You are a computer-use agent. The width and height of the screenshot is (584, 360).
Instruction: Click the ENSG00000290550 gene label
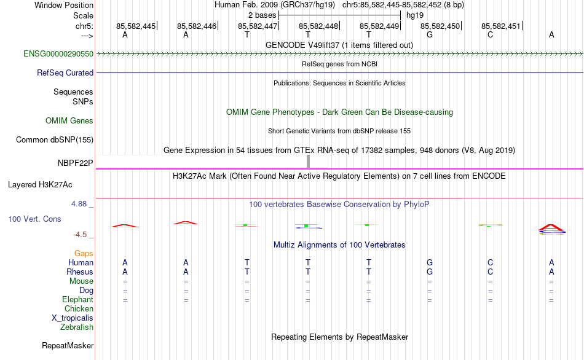58,54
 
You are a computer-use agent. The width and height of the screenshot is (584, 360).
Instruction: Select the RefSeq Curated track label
65,73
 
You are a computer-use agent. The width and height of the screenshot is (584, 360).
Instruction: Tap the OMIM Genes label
69,121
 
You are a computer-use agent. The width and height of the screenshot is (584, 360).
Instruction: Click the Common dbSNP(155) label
55,140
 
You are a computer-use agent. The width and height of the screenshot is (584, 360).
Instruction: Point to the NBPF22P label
75,163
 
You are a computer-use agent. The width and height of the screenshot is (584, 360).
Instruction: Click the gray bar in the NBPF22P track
308,162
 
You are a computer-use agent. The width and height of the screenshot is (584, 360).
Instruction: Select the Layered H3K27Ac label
40,185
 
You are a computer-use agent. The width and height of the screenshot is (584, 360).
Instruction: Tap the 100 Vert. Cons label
34,219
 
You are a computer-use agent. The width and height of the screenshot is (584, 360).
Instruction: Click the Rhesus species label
80,272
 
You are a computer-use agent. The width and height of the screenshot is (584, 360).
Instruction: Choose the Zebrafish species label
77,327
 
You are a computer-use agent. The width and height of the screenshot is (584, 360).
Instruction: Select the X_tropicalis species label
73,318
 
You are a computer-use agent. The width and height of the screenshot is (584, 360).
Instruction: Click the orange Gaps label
84,254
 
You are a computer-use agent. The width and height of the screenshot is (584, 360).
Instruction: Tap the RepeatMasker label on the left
68,346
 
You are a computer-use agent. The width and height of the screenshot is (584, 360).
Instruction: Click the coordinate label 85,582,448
318,26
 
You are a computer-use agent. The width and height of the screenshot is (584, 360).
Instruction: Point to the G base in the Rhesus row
430,272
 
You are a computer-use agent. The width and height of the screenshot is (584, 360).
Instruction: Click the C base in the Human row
490,263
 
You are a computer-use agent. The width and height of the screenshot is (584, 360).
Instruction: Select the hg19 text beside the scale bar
415,15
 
